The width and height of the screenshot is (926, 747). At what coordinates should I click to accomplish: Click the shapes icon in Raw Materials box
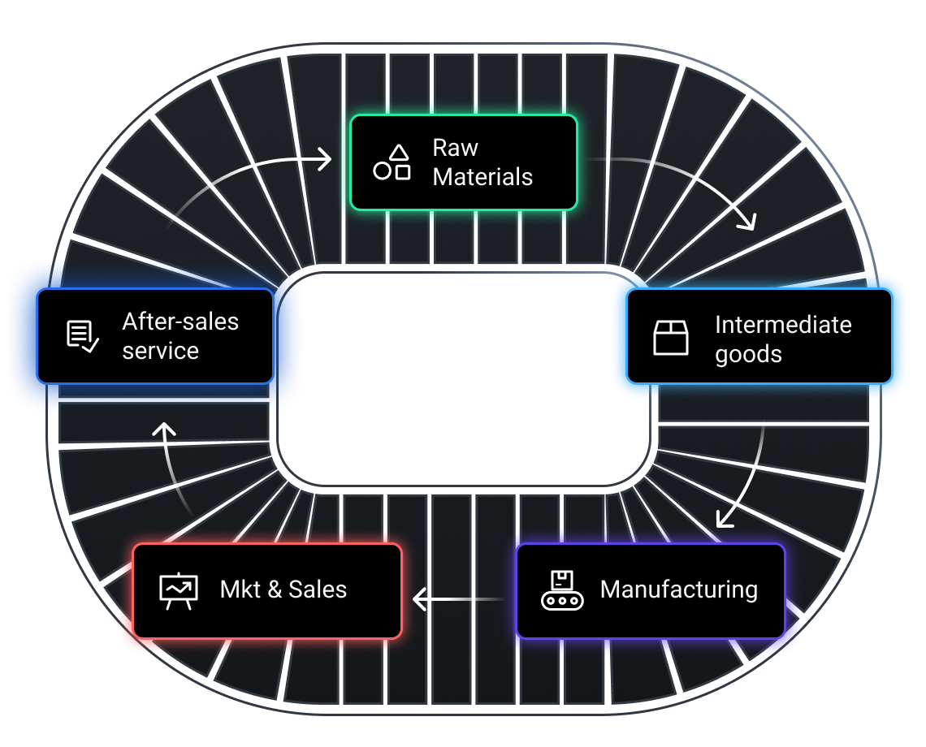click(x=392, y=162)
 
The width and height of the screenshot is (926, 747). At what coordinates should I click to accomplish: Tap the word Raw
click(x=456, y=148)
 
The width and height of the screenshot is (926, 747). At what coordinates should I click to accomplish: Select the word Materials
click(x=482, y=177)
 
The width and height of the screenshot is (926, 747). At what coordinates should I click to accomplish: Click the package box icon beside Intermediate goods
click(x=671, y=338)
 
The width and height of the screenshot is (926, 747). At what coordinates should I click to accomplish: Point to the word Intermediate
click(x=783, y=325)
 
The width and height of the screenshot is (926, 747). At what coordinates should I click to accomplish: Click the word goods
click(x=748, y=354)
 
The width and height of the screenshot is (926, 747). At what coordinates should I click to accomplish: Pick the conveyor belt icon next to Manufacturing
click(x=562, y=590)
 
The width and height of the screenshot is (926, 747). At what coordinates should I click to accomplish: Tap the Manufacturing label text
click(x=678, y=589)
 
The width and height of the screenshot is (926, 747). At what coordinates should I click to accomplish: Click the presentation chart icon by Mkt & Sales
click(x=178, y=591)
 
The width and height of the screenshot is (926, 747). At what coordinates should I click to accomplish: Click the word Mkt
click(x=238, y=589)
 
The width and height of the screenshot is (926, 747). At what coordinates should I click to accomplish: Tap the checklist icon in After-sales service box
click(x=82, y=336)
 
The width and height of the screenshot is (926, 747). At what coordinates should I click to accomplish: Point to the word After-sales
click(x=180, y=322)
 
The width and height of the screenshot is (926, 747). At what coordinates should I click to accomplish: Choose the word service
click(x=160, y=351)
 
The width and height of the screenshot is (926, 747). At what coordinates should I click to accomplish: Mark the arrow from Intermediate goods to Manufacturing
click(x=751, y=479)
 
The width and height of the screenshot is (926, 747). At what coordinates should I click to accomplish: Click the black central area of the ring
click(x=463, y=378)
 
